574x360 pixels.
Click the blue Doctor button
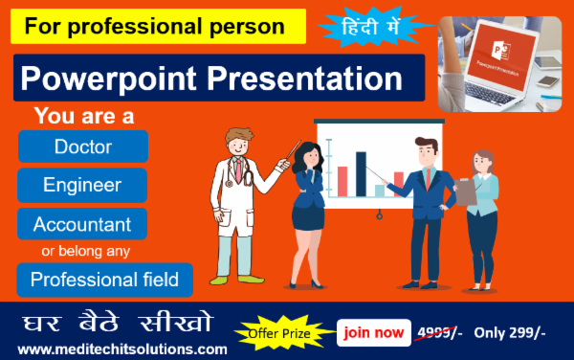click(x=82, y=146)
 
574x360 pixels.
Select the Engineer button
click(x=82, y=185)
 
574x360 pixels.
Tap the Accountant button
click(x=82, y=224)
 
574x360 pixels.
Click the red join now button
click(x=374, y=332)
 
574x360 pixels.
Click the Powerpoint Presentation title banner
click(x=219, y=78)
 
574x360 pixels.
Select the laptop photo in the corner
click(x=501, y=63)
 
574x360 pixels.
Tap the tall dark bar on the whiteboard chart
click(x=362, y=171)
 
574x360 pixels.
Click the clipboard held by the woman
click(x=466, y=191)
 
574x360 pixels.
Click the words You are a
click(x=83, y=116)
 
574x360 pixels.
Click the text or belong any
click(x=84, y=252)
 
